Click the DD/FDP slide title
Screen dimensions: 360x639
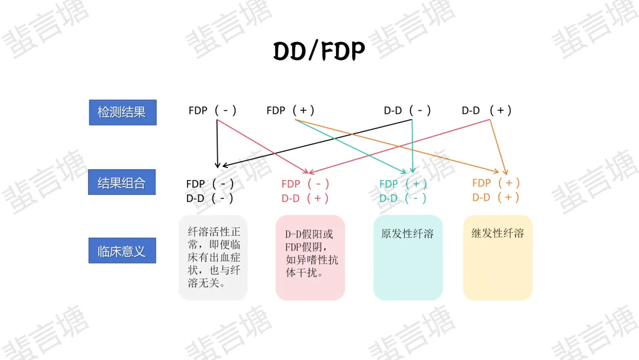[x=319, y=52]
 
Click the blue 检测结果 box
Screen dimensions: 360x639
[x=122, y=112]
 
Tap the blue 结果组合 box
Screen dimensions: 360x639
[x=122, y=183]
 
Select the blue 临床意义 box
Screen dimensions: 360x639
[x=122, y=251]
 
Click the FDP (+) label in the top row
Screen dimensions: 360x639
[x=291, y=111]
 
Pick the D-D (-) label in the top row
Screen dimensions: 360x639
[x=408, y=111]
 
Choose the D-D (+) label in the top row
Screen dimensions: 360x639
[x=486, y=111]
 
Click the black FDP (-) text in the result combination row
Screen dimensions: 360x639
[x=210, y=184]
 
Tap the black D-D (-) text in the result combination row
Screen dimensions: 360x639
[x=210, y=198]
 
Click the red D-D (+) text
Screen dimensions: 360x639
[x=305, y=198]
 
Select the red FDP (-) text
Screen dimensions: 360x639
[x=305, y=184]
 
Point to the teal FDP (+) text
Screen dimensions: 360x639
[x=403, y=184]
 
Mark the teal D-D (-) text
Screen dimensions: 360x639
[x=403, y=198]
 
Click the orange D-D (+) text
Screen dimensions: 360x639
[x=496, y=197]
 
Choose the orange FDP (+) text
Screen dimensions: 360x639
[x=496, y=183]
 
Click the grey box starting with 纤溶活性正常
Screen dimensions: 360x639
[x=213, y=258]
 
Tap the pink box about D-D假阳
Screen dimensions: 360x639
[x=310, y=258]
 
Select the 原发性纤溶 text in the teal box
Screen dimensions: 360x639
[x=408, y=234]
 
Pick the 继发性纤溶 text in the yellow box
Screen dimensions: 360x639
[x=498, y=233]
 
